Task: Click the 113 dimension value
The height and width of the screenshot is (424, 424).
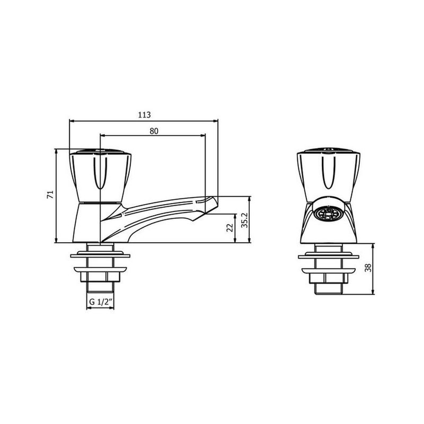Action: pyautogui.click(x=144, y=115)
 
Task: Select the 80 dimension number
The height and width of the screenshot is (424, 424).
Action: pyautogui.click(x=154, y=131)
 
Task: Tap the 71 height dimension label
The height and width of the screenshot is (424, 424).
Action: pyautogui.click(x=50, y=195)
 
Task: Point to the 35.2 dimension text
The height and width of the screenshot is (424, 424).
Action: pyautogui.click(x=245, y=220)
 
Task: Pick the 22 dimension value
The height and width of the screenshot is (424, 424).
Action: pyautogui.click(x=230, y=228)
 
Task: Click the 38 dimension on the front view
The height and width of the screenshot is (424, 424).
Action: pyautogui.click(x=368, y=268)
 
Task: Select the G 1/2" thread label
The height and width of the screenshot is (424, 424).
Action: pyautogui.click(x=101, y=302)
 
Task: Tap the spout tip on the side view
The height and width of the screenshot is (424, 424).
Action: pyautogui.click(x=212, y=205)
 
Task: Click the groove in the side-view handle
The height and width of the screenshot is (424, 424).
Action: pyautogui.click(x=100, y=173)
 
